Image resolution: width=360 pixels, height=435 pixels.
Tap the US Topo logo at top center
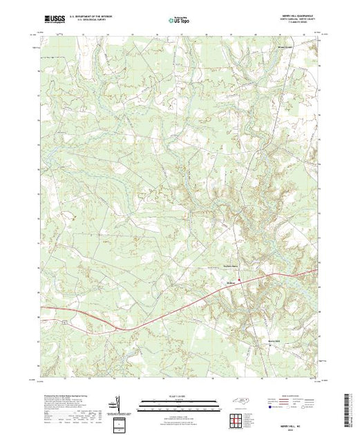(x=180, y=16)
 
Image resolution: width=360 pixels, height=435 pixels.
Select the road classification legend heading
(x=290, y=395)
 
